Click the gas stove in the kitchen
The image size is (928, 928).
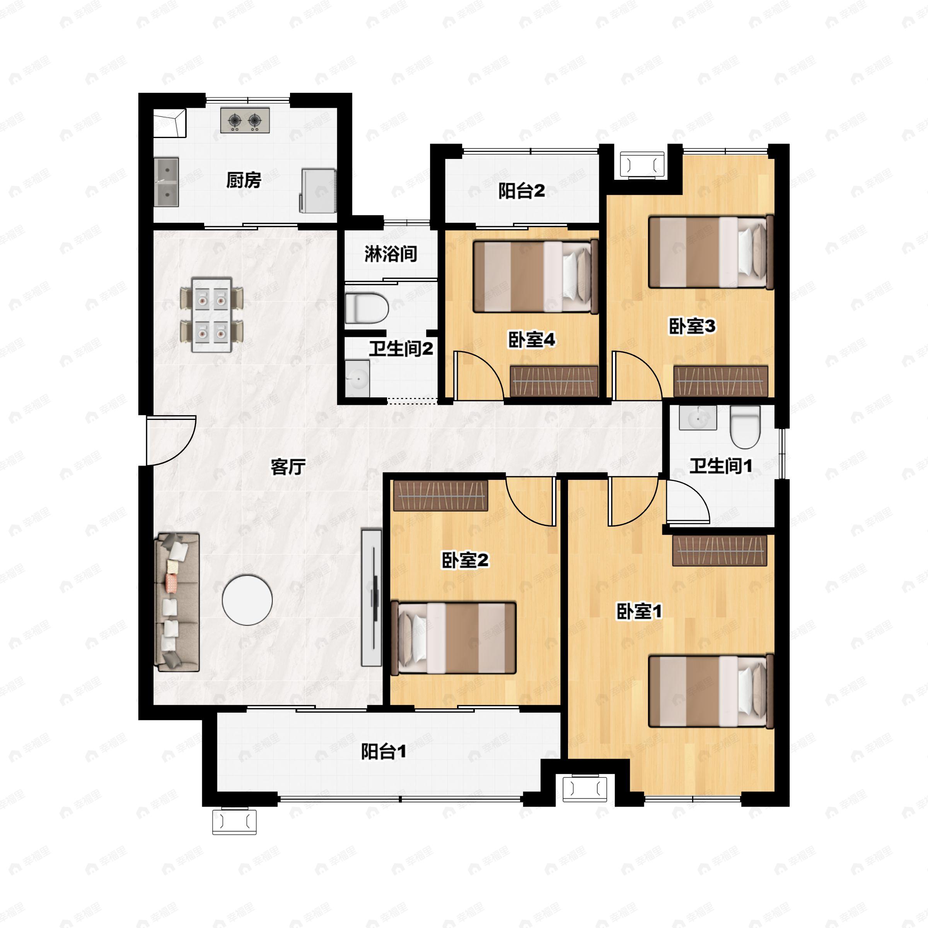pyautogui.click(x=245, y=120)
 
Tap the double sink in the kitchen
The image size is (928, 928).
pyautogui.click(x=166, y=183)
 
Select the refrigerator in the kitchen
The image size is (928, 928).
pyautogui.click(x=318, y=190)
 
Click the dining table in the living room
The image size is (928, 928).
pyautogui.click(x=212, y=314)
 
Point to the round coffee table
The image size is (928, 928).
pyautogui.click(x=247, y=600)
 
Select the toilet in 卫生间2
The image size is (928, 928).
pyautogui.click(x=367, y=308)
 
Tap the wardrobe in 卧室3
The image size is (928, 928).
pyautogui.click(x=720, y=381)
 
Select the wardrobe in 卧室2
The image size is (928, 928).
pyautogui.click(x=440, y=495)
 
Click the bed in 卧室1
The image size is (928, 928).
pyautogui.click(x=711, y=692)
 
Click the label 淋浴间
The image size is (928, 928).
pyautogui.click(x=391, y=254)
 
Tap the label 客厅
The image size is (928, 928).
pyautogui.click(x=288, y=466)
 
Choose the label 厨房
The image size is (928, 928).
pyautogui.click(x=244, y=181)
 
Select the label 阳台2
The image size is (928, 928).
pyautogui.click(x=522, y=191)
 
